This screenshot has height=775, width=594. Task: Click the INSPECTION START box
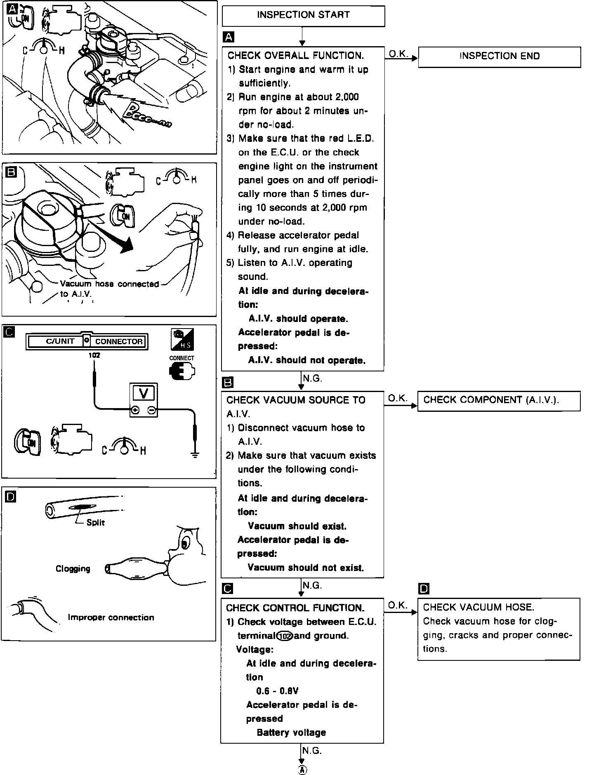[303, 15]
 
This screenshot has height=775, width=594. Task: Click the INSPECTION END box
[499, 56]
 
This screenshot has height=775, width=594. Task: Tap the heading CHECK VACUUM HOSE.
[478, 607]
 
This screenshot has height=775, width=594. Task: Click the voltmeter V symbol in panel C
[144, 394]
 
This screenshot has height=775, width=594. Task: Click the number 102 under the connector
[94, 355]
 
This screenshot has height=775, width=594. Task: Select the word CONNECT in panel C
[181, 358]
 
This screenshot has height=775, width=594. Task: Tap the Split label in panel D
[96, 523]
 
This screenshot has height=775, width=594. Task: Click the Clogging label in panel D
[73, 569]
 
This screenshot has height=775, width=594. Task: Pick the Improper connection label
[111, 618]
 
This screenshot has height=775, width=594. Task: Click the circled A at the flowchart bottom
[302, 770]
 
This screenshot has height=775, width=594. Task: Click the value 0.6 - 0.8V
[277, 691]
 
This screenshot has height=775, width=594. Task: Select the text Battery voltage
[291, 733]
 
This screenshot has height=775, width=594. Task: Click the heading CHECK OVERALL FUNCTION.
[296, 56]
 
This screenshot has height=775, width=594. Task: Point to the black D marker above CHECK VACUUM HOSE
[424, 589]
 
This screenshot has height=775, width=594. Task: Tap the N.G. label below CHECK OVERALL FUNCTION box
[312, 378]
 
